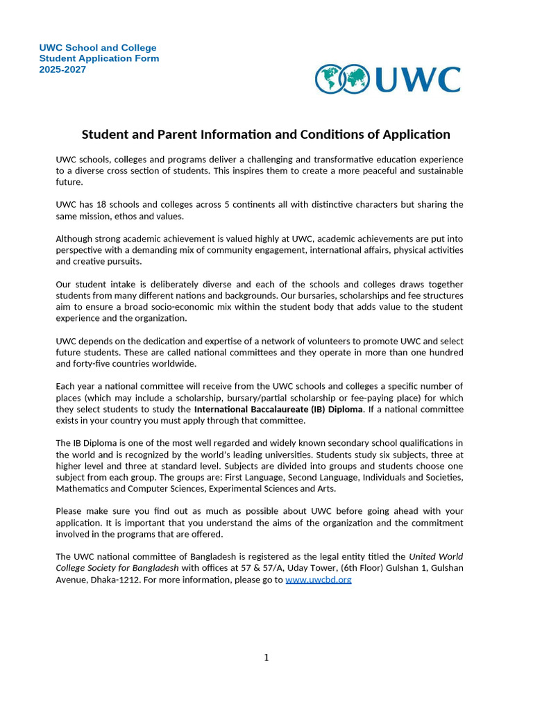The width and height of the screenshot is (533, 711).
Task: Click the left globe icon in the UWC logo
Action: pos(329,79)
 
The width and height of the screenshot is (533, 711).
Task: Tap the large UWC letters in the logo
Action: pos(418,79)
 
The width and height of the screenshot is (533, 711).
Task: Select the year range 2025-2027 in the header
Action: pos(62,69)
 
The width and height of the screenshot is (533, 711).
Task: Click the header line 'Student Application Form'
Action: pos(99,58)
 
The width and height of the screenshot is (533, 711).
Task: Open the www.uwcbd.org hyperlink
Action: pos(318,580)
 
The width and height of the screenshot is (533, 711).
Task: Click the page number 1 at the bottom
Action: pos(266,658)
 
